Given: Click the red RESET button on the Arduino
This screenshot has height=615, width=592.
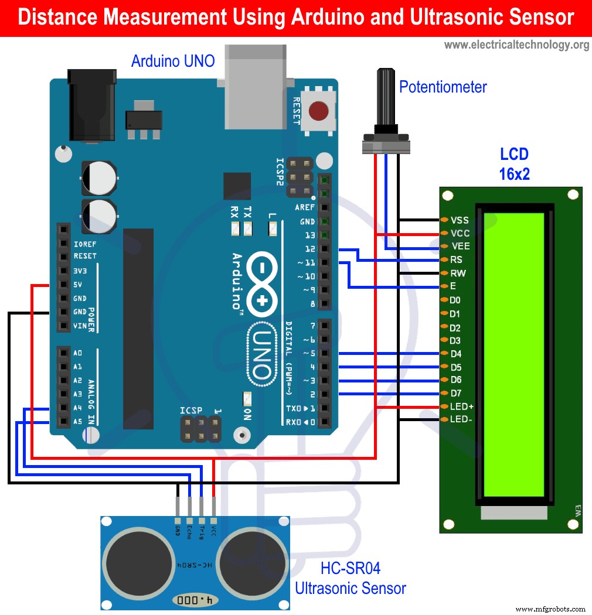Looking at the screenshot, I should (318, 110).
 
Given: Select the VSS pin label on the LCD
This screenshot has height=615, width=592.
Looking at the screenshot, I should (460, 220).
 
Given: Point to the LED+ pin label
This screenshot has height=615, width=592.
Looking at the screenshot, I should (462, 406).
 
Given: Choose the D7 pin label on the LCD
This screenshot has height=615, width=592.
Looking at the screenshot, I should (455, 393).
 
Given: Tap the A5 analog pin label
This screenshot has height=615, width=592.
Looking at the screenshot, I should (78, 421).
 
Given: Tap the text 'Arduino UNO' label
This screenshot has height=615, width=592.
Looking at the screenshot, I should (173, 60).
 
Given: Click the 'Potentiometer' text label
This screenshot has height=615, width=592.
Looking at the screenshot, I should (443, 87).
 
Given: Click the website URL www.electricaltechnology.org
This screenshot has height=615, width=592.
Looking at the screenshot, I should (516, 45).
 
